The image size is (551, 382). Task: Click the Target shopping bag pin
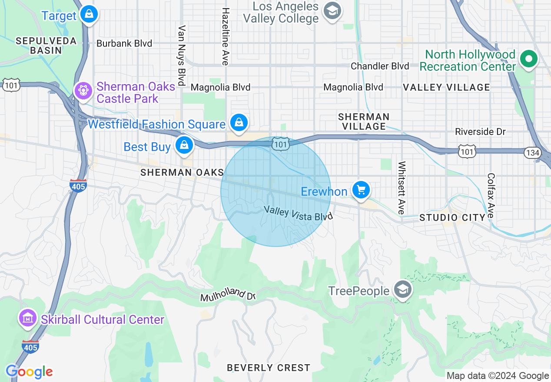pyautogui.click(x=89, y=14)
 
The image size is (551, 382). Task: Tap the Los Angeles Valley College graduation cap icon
pyautogui.click(x=333, y=11)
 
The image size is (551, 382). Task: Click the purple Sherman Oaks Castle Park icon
pyautogui.click(x=82, y=91)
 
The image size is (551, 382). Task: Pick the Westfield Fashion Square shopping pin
pyautogui.click(x=239, y=122)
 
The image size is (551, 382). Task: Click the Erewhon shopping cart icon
pyautogui.click(x=360, y=190)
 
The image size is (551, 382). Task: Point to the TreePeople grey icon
pyautogui.click(x=402, y=290)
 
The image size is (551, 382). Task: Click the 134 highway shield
pyautogui.click(x=532, y=152)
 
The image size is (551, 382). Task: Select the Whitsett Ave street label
pyautogui.click(x=402, y=188)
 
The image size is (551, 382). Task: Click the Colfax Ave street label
pyautogui.click(x=491, y=196)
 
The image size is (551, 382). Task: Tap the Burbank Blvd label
pyautogui.click(x=124, y=43)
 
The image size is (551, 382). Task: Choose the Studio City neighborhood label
pyautogui.click(x=452, y=217)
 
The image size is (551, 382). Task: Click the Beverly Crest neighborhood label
pyautogui.click(x=269, y=368)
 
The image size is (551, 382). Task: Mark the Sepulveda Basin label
pyautogui.click(x=46, y=46)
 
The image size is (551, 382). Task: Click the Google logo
pyautogui.click(x=29, y=372)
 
